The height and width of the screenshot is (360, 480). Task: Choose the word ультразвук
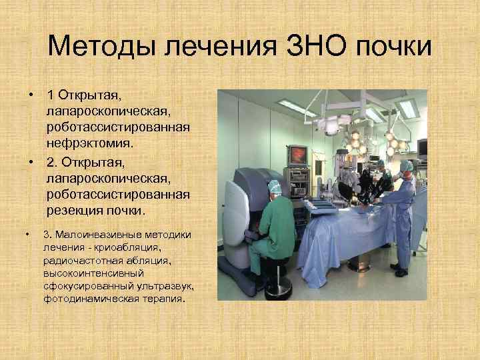click(167, 285)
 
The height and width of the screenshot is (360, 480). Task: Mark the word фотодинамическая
click(84, 298)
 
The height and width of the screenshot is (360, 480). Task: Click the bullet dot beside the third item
click(27, 235)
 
